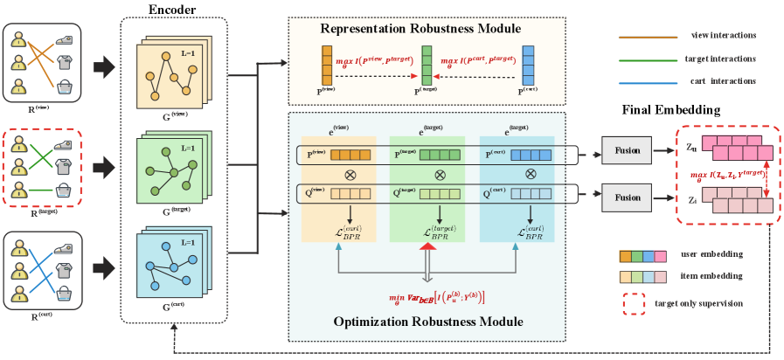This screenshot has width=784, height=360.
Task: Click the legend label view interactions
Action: coord(723,36)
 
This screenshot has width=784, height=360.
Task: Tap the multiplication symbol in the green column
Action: coord(428,175)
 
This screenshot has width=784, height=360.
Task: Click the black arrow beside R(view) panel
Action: coord(104,66)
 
